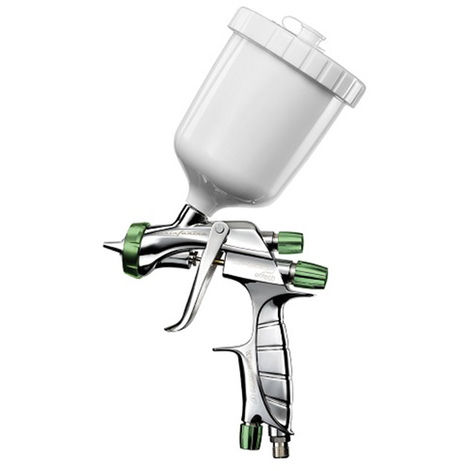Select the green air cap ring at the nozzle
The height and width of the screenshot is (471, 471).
135,250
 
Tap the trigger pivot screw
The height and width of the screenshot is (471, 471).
219,230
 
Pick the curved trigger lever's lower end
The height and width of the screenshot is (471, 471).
174,326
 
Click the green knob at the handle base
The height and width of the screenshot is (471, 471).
251,435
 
